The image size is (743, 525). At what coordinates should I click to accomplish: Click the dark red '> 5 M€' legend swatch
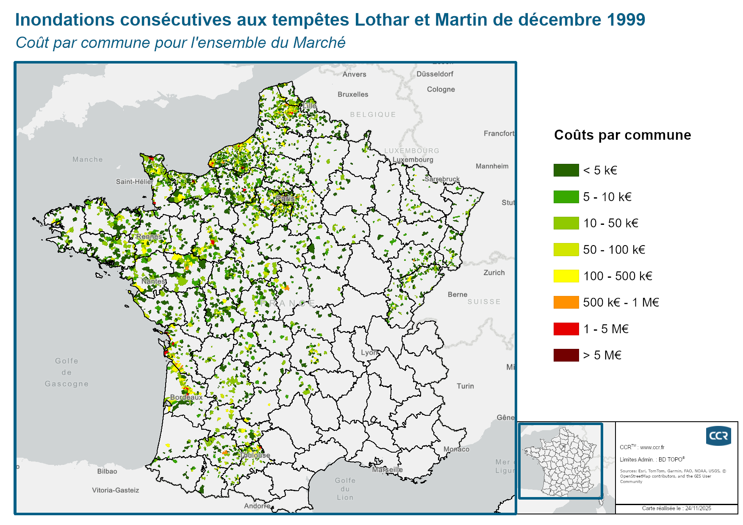tap(566, 355)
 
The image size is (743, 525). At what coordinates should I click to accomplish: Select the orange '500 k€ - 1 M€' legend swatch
tap(566, 302)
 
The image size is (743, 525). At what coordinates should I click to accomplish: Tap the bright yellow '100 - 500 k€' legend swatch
tap(566, 276)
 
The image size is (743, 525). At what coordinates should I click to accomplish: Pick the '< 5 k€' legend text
tap(600, 170)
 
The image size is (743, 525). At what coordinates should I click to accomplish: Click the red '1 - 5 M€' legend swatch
tap(566, 329)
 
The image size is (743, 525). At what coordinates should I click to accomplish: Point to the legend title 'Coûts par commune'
tap(622, 135)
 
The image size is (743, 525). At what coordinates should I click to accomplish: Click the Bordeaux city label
tap(186, 397)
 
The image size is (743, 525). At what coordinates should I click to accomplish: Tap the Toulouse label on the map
tap(255, 455)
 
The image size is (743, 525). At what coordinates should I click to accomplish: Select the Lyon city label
tap(369, 352)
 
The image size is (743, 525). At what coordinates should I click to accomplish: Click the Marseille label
tap(387, 470)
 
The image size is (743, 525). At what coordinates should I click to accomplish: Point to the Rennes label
tap(149, 236)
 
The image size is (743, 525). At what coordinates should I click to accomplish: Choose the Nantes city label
tap(153, 281)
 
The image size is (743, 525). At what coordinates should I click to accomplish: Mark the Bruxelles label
tap(353, 94)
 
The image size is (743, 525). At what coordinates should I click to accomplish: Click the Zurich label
tap(494, 273)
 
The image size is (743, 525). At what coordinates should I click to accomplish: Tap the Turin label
tap(465, 386)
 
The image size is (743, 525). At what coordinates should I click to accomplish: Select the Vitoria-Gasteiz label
tap(115, 490)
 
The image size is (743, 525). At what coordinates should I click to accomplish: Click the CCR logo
tap(718, 436)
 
